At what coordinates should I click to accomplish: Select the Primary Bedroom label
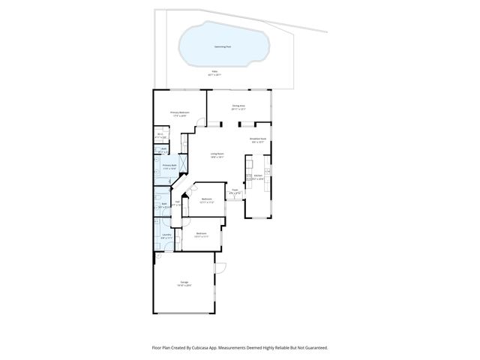click(x=181, y=113)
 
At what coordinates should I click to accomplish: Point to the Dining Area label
click(x=239, y=106)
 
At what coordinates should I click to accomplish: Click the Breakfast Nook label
click(x=259, y=139)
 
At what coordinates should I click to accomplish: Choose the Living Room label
click(x=217, y=154)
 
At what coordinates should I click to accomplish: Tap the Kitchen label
click(x=257, y=177)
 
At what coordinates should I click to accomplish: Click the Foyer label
click(x=235, y=191)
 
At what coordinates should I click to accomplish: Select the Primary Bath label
click(x=169, y=166)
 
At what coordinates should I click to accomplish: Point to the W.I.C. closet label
click(x=160, y=136)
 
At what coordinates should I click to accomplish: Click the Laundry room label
click(x=166, y=235)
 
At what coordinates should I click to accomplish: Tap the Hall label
click(x=177, y=202)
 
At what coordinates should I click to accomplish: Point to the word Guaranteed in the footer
click(x=314, y=347)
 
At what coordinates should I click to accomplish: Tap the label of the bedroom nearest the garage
click(x=201, y=234)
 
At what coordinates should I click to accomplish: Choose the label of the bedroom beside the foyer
click(x=206, y=199)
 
